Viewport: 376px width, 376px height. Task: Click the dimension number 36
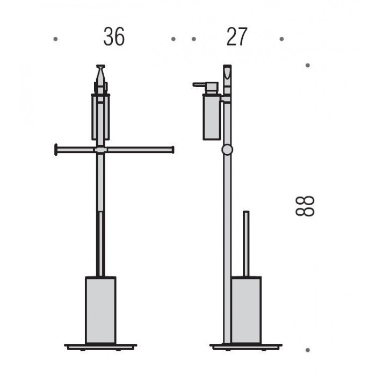(114, 37)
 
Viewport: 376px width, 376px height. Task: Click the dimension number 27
(237, 37)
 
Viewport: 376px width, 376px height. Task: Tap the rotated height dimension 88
(305, 206)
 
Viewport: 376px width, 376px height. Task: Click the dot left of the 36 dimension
(55, 39)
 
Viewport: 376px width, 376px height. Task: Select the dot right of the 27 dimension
(282, 39)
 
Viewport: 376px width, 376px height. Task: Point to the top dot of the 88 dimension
(308, 65)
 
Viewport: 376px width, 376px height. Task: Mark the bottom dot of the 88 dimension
(308, 350)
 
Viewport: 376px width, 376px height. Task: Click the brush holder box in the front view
(101, 310)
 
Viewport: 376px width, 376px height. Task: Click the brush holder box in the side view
(246, 310)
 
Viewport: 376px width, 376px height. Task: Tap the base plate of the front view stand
(100, 347)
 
